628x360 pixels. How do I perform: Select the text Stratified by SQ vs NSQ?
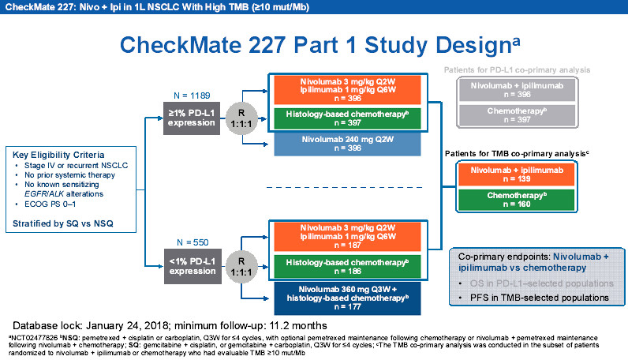[63, 224]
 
